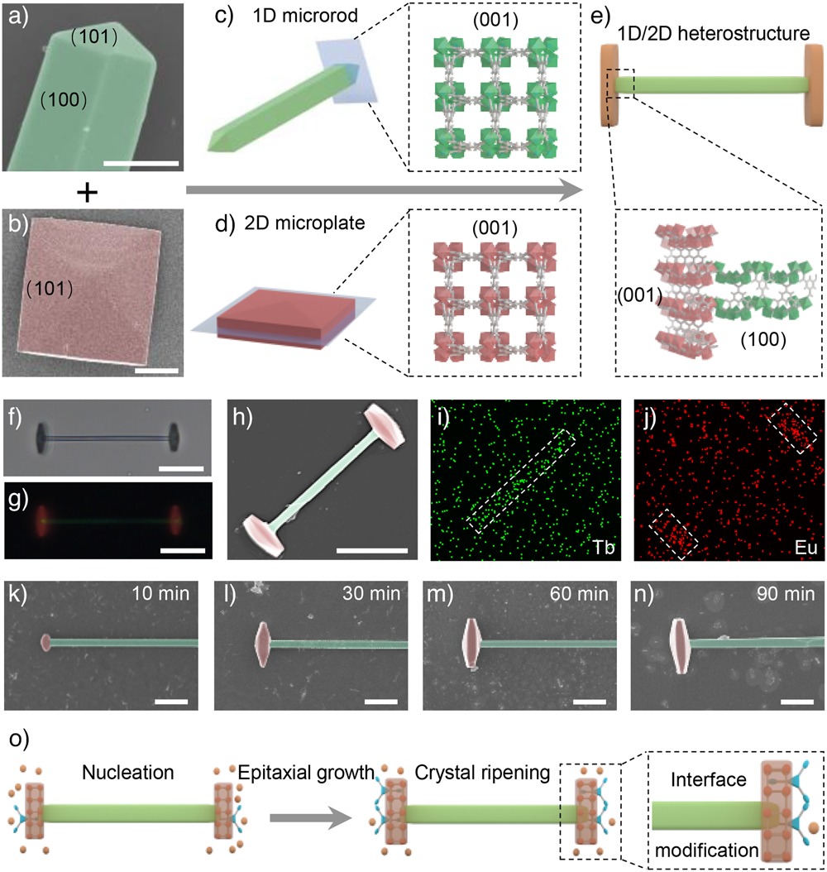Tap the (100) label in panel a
pyautogui.click(x=65, y=100)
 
